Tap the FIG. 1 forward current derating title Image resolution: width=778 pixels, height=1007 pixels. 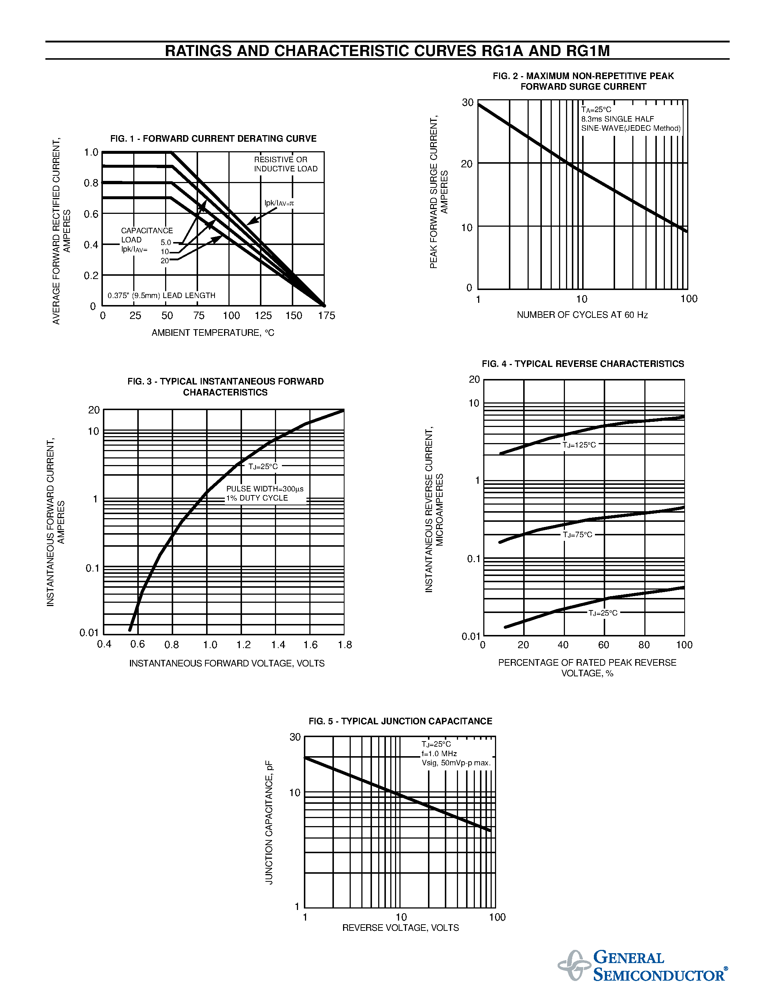click(213, 138)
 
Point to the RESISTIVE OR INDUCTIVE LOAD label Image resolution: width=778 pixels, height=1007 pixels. click(286, 164)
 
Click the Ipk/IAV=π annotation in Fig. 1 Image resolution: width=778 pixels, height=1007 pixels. click(279, 203)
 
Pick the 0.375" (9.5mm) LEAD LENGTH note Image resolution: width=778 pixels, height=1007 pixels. click(161, 296)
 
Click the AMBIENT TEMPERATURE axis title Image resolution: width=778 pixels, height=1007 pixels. click(213, 333)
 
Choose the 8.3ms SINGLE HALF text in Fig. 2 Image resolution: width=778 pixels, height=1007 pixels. click(617, 119)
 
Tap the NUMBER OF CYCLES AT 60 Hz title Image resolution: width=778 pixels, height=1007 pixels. click(582, 315)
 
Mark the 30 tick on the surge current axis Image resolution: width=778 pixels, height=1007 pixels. click(468, 103)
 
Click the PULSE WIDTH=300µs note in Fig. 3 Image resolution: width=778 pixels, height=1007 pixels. click(265, 489)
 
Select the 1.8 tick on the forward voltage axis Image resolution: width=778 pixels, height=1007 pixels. click(345, 644)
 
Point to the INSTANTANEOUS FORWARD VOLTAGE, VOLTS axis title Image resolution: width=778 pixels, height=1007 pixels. click(227, 664)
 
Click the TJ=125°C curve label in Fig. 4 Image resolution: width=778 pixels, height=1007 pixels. click(579, 445)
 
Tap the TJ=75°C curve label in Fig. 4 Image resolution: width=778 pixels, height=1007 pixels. click(577, 535)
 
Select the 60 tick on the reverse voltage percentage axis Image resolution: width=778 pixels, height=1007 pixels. click(604, 644)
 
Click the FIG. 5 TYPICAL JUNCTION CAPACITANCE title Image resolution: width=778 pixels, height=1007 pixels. click(400, 721)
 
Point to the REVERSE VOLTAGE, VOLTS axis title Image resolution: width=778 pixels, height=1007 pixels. click(401, 928)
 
